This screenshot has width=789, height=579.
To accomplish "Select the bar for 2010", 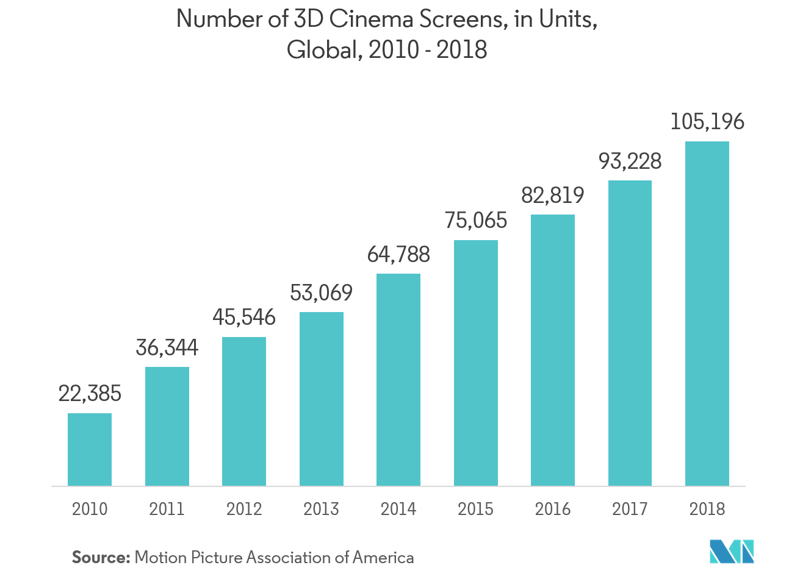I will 90,449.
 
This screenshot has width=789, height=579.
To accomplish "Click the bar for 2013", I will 322,399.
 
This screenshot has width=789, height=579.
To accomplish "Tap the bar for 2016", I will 553,350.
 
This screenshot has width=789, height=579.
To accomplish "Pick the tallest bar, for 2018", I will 707,313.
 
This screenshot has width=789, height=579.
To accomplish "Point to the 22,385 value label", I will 90,394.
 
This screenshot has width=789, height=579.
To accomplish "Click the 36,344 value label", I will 167,347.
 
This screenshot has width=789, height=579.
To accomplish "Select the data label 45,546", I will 244,318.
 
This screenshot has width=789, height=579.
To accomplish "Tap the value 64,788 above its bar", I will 398,254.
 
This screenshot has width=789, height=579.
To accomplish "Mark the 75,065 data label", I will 476,220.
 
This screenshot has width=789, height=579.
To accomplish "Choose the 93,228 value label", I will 630,161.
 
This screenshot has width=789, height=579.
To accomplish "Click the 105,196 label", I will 707,122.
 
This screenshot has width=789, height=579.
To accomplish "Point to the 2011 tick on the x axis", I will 167,509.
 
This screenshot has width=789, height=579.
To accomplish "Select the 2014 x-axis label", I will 398,509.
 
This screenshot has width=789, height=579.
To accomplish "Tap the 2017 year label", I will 630,509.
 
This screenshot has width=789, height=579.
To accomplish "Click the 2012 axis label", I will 244,509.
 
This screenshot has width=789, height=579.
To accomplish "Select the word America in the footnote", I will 383,557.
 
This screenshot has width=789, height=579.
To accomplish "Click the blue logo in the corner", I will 732,551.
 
